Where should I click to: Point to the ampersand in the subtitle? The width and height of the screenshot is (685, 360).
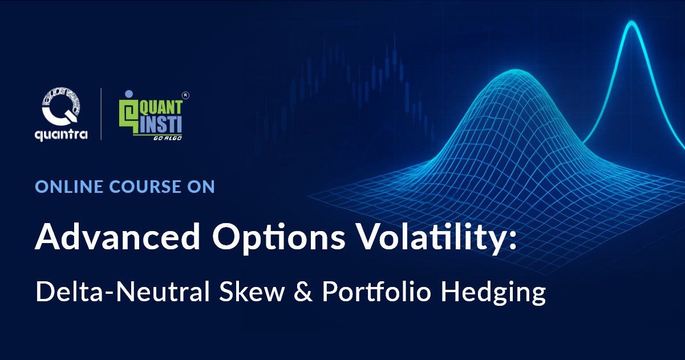[x=303, y=293]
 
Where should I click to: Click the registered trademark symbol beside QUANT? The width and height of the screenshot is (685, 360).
[x=185, y=95]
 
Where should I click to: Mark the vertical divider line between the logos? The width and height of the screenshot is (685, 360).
[x=102, y=114]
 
